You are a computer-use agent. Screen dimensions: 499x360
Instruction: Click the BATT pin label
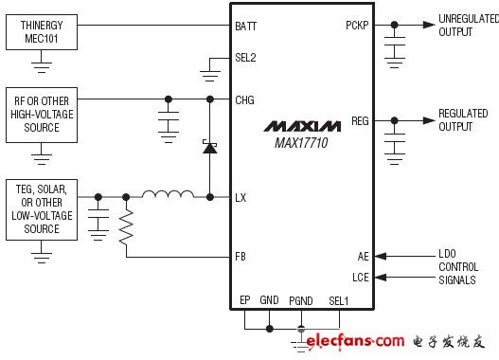point(245,27)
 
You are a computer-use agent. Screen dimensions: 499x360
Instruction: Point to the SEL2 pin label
point(245,58)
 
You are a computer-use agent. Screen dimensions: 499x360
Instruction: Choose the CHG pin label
point(244,100)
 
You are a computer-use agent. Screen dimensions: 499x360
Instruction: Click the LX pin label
point(241,198)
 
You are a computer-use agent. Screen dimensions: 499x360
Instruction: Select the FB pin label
point(241,256)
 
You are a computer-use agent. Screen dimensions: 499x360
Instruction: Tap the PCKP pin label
point(357,26)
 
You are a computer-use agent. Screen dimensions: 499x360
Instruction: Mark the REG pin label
point(360,121)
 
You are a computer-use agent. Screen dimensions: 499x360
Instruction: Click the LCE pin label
point(361,278)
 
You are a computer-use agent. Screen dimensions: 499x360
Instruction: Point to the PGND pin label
point(301,301)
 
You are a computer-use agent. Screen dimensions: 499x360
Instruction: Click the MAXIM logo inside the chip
point(302,126)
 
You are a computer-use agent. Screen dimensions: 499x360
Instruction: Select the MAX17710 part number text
point(301,143)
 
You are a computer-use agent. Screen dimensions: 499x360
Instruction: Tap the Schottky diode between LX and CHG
point(209,147)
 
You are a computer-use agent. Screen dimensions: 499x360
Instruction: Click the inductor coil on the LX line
point(168,194)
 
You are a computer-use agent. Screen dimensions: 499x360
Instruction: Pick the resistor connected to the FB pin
point(126,227)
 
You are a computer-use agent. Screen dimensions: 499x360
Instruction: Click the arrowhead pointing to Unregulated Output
point(429,25)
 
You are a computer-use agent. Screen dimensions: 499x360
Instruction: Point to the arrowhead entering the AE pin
point(381,256)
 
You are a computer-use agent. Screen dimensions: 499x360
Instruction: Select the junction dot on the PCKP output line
point(394,25)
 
